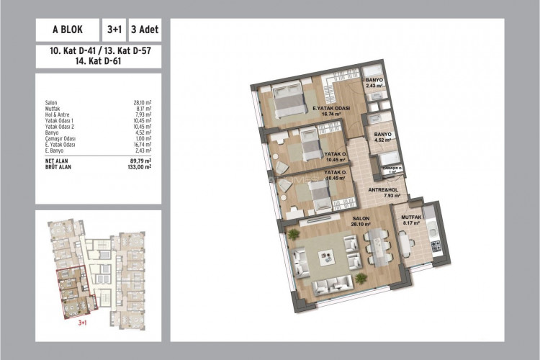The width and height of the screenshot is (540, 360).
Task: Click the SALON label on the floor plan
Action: coord(361,221)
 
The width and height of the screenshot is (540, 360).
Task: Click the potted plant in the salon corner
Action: coord(293,234)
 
